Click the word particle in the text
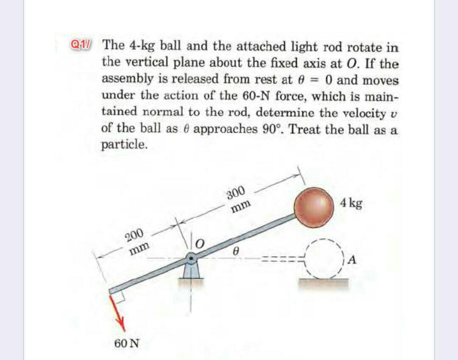pos(125,145)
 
